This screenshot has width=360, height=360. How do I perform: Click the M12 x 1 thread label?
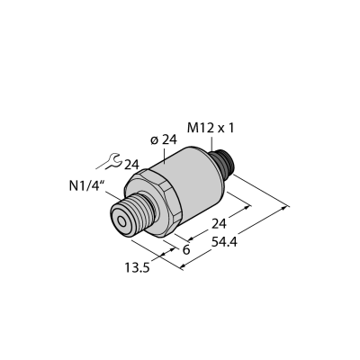[210, 129]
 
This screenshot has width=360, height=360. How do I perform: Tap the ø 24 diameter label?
[164, 140]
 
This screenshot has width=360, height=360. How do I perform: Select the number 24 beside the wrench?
[132, 165]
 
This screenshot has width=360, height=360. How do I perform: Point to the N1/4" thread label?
[86, 186]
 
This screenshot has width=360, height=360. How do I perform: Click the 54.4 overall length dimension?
[224, 242]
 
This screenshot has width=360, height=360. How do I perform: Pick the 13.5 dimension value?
[137, 268]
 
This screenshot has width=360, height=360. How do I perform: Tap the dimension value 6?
[186, 249]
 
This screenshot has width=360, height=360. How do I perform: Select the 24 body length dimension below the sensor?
[219, 224]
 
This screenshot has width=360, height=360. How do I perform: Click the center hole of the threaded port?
[122, 222]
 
